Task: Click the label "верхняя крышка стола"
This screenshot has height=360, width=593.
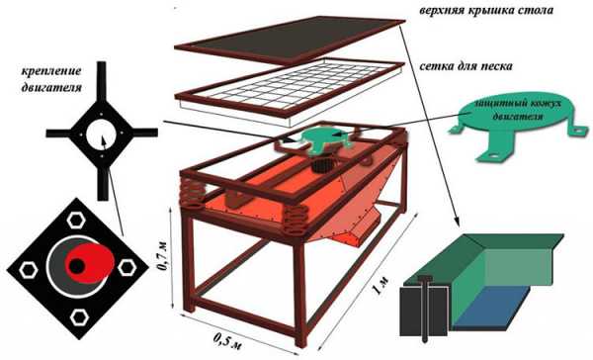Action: click(x=486, y=10)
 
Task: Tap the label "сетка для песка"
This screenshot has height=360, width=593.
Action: click(x=466, y=66)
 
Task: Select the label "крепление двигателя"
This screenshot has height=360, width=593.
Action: click(x=51, y=79)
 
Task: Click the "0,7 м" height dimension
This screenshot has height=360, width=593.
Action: click(x=163, y=256)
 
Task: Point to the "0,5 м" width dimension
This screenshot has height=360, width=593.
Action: click(x=227, y=340)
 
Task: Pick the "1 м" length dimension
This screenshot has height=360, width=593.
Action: click(x=380, y=285)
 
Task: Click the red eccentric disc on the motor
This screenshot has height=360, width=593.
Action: click(x=89, y=263)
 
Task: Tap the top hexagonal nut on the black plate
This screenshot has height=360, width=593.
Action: click(x=76, y=220)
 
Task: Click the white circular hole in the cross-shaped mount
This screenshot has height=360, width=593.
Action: click(x=102, y=134)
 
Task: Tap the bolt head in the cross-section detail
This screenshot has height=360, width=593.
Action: click(x=425, y=279)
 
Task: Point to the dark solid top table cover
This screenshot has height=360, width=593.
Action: click(x=290, y=39)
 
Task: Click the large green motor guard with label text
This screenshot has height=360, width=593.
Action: click(x=519, y=125)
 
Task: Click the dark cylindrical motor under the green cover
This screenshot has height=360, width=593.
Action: click(x=323, y=165)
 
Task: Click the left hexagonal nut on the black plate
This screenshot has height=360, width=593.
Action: click(x=29, y=269)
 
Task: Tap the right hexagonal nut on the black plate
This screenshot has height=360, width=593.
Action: click(x=127, y=267)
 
